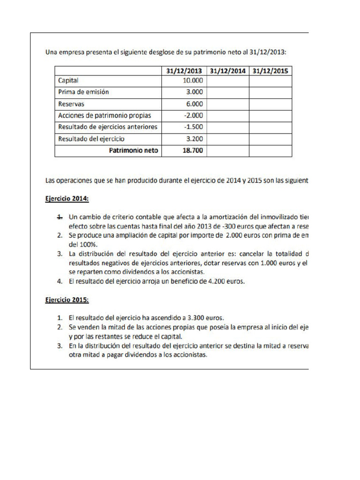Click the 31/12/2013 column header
click(x=184, y=71)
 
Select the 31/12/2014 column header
click(x=227, y=71)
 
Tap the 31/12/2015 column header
click(x=270, y=71)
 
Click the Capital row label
click(x=68, y=81)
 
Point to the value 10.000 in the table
click(x=193, y=81)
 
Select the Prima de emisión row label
click(x=83, y=92)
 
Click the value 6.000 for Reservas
click(x=195, y=104)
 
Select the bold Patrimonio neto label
click(x=134, y=151)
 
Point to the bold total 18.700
click(x=192, y=151)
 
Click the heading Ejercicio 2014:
click(x=67, y=199)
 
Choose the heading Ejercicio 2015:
click(x=67, y=300)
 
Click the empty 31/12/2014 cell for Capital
click(x=227, y=81)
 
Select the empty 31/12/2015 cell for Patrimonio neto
click(x=270, y=151)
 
